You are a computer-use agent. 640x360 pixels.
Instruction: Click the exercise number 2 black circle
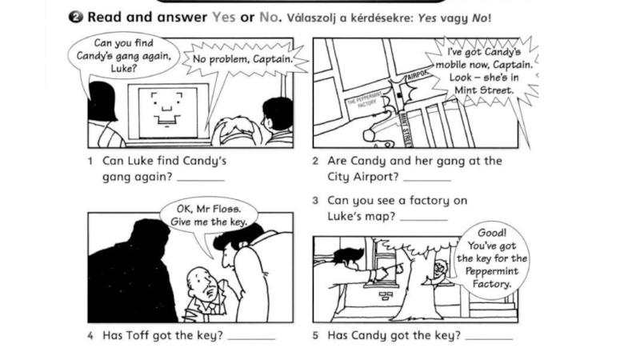click(x=75, y=17)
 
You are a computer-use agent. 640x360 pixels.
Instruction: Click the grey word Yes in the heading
click(x=224, y=17)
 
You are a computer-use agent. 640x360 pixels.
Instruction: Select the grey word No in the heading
click(x=270, y=17)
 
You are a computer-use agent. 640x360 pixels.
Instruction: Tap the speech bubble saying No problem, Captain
click(x=243, y=59)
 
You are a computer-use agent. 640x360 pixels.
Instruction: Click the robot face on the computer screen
click(x=167, y=109)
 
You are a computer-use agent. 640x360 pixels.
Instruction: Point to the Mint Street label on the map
click(x=406, y=130)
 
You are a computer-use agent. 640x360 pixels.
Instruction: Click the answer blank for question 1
click(x=201, y=179)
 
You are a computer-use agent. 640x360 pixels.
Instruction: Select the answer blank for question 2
click(x=427, y=179)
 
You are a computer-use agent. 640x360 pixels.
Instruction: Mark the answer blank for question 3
click(x=424, y=219)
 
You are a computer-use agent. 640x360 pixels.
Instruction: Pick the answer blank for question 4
click(x=251, y=338)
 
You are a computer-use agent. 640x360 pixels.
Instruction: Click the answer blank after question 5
click(x=489, y=338)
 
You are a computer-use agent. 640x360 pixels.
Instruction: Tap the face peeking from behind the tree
click(x=441, y=269)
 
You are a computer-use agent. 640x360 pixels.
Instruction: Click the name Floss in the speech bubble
click(x=229, y=209)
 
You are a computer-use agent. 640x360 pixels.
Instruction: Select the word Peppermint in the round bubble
click(x=491, y=271)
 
